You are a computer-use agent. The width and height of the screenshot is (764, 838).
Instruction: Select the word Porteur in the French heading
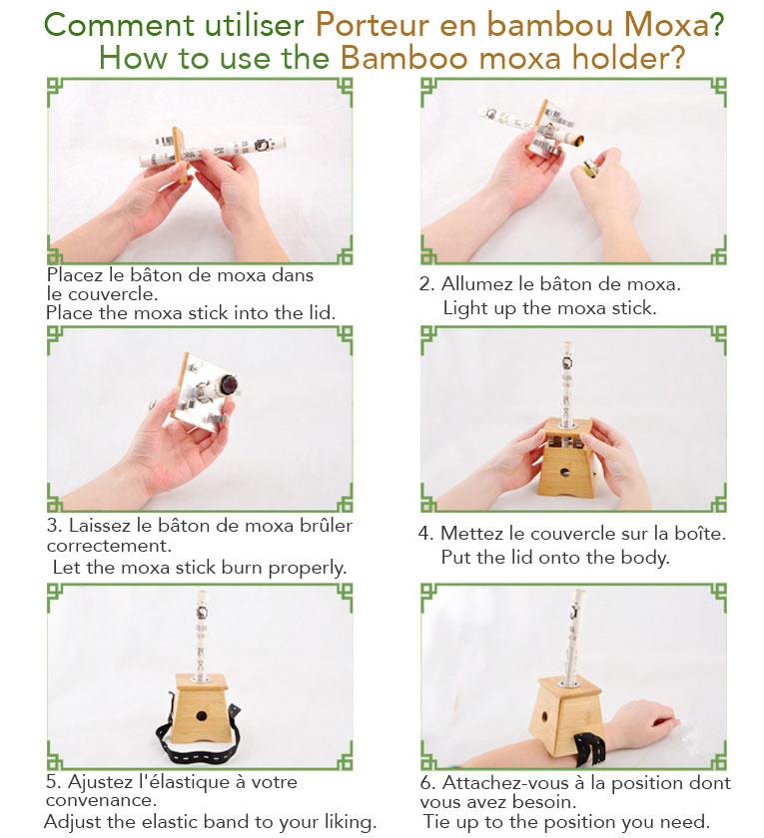[x=375, y=24]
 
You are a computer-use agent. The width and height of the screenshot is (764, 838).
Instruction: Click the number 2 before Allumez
[x=423, y=285]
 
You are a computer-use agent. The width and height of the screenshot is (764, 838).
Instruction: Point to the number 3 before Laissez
[x=52, y=525]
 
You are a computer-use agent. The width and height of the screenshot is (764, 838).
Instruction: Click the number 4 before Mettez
[x=423, y=534]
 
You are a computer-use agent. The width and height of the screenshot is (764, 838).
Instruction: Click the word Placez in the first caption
[x=74, y=275]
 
